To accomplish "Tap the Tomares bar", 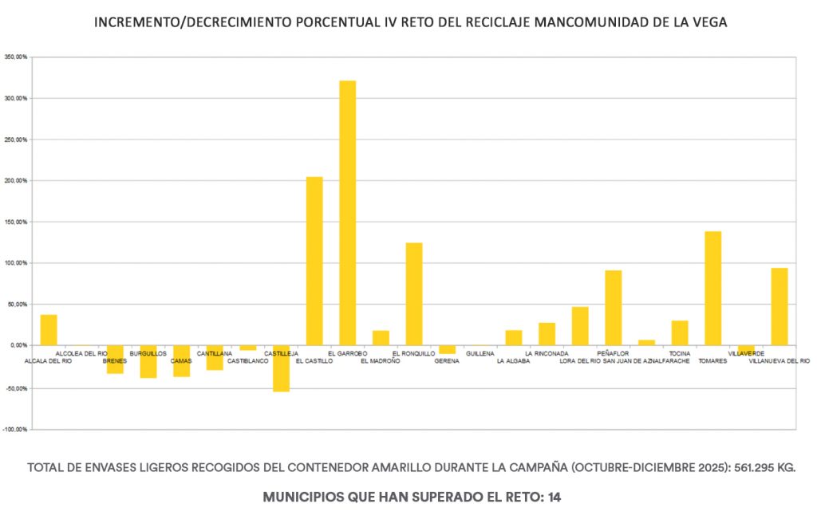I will (712, 288).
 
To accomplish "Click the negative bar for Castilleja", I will (281, 368).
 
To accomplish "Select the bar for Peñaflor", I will (613, 308).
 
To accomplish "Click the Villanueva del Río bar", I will (780, 306).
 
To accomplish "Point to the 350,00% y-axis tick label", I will (16, 57).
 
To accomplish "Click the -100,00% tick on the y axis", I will (16, 430).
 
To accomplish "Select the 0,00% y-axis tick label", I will (18, 345).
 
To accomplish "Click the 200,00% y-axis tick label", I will (16, 181).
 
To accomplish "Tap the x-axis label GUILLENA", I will (480, 353).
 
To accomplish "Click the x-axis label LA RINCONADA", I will (547, 353).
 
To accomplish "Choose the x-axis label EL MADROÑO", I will (381, 361).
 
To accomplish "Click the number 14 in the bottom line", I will (554, 497).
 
